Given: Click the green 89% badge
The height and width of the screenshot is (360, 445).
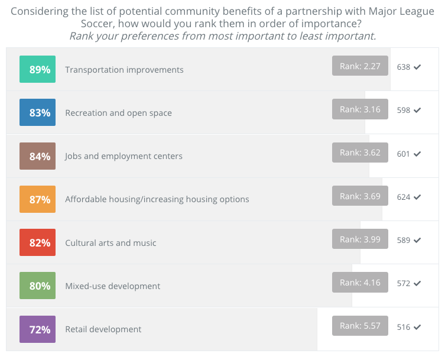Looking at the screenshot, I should click(37, 69).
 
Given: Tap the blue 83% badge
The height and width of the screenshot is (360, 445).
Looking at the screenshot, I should click(37, 112).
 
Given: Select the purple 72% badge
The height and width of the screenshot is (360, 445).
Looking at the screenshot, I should click(37, 329).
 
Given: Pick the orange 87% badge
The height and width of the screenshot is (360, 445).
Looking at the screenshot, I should click(37, 199).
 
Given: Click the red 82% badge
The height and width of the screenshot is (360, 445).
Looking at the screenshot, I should click(37, 242).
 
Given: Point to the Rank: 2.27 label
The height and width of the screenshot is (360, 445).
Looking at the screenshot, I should click(360, 66).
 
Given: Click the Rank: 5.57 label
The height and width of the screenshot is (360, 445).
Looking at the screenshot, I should click(360, 326).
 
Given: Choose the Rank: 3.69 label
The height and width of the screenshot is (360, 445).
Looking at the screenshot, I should click(360, 196).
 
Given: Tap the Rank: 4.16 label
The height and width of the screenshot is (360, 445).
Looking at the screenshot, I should click(360, 283).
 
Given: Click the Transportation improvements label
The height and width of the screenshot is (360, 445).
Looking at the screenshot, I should click(124, 70).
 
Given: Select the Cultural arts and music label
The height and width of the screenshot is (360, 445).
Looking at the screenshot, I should click(111, 243).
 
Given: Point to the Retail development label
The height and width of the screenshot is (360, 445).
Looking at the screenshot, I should click(103, 329).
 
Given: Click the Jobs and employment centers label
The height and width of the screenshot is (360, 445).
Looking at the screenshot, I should click(124, 156).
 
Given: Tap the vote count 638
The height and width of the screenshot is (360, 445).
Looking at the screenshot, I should click(404, 67).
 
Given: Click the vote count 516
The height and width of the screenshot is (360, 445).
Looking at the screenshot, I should click(404, 327).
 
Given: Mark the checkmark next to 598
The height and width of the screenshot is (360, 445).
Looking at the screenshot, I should click(417, 111).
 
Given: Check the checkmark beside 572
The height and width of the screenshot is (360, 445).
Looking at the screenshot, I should click(417, 284).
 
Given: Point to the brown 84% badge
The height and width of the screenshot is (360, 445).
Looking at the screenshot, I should click(37, 156).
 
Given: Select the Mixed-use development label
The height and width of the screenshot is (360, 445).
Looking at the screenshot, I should click(112, 286).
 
